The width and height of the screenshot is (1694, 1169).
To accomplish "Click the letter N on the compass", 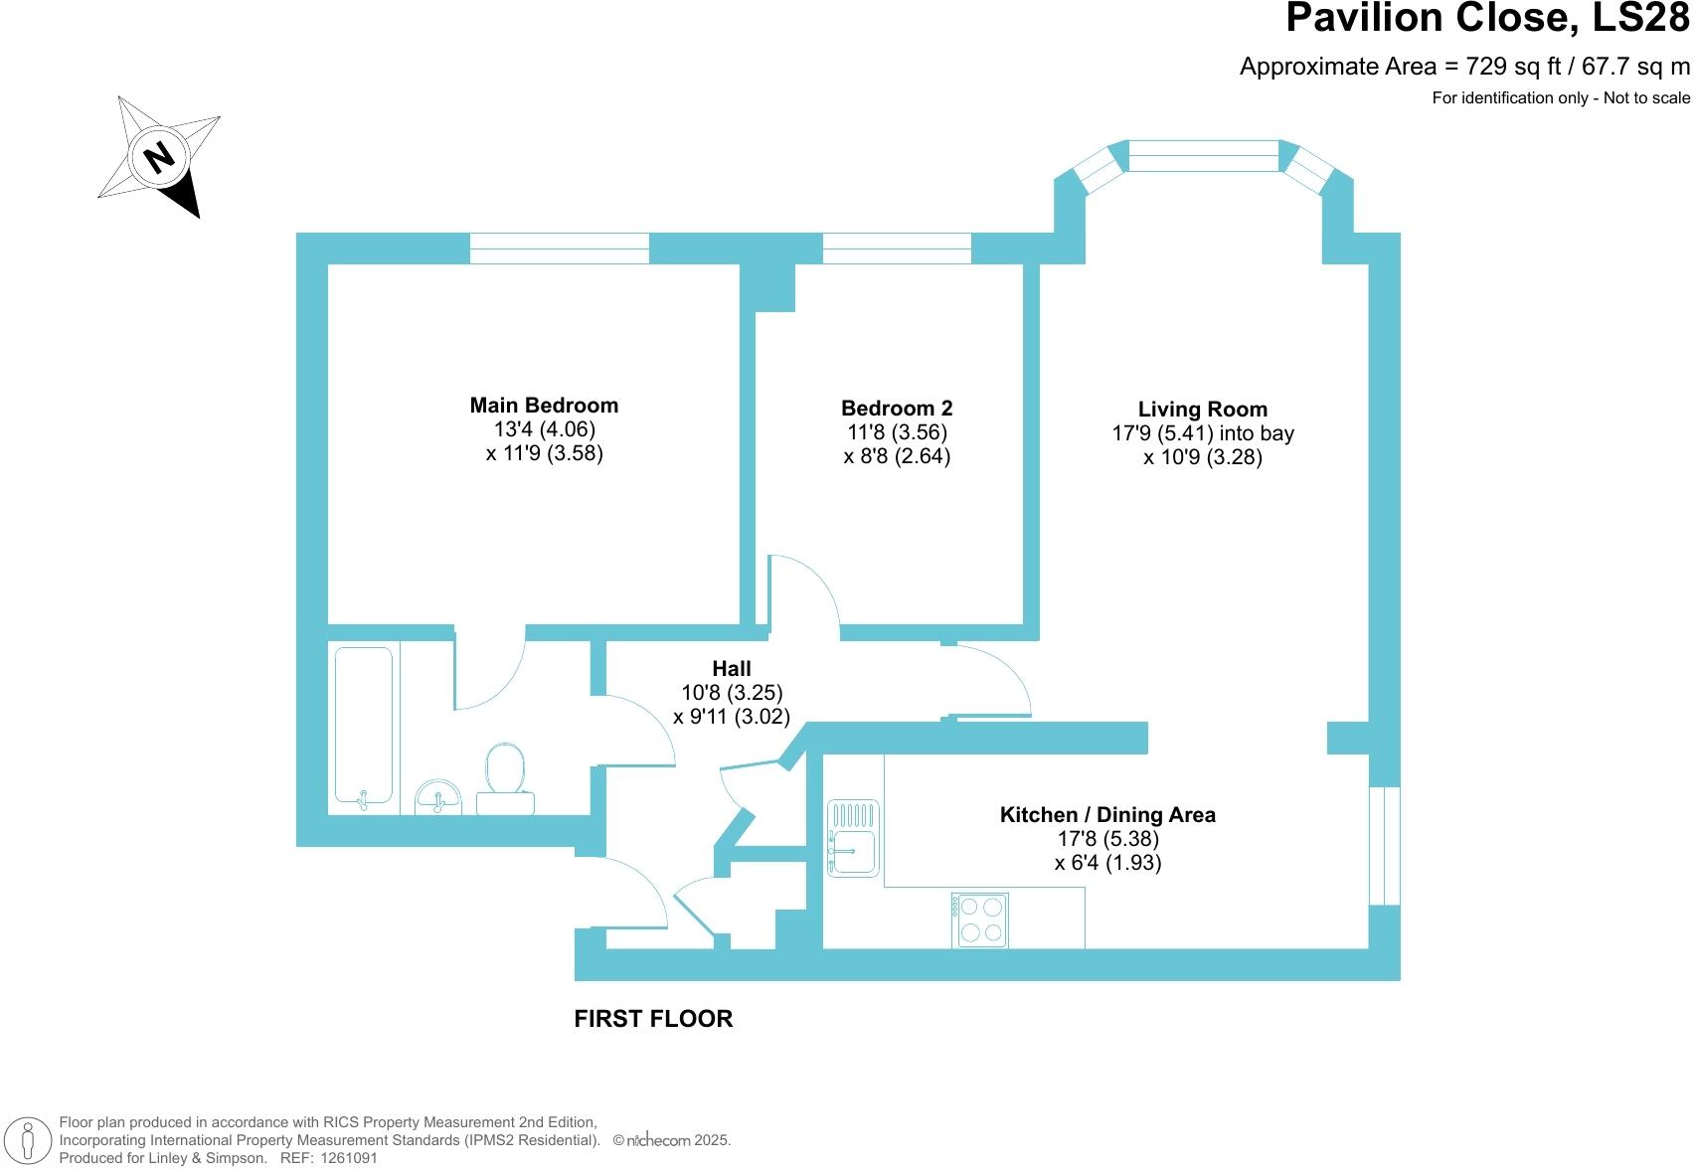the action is tap(159, 158).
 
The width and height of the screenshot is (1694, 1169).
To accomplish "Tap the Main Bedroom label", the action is tap(544, 406).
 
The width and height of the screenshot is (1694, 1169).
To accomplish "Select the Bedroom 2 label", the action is tap(897, 409).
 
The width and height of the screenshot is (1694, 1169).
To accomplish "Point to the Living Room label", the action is tap(1203, 410).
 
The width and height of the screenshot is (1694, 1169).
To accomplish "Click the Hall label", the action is tap(732, 668).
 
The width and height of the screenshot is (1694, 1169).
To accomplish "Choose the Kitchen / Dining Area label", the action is tap(1107, 814).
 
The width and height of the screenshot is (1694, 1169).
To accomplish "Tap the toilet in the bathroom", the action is tap(505, 778).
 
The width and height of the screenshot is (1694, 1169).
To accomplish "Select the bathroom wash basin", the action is tap(437, 797).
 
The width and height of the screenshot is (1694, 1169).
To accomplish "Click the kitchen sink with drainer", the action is tap(853, 838).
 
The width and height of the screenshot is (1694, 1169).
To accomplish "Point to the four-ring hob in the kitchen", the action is tap(980, 919).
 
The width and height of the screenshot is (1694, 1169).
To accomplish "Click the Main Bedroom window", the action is tap(560, 249).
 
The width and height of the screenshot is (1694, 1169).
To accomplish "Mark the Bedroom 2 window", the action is tap(897, 249).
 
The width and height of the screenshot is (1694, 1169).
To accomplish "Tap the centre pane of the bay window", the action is tap(1203, 156).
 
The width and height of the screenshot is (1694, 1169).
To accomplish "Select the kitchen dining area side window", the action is tap(1385, 845).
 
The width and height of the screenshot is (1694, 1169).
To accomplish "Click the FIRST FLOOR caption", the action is tap(653, 1019).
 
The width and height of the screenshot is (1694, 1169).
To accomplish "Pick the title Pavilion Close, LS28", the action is tap(1487, 17).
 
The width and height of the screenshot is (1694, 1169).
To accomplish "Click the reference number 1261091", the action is tap(349, 1158).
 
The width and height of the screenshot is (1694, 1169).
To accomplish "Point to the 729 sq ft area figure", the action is tap(1513, 67).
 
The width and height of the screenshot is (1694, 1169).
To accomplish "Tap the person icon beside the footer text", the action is tap(28, 1140).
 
